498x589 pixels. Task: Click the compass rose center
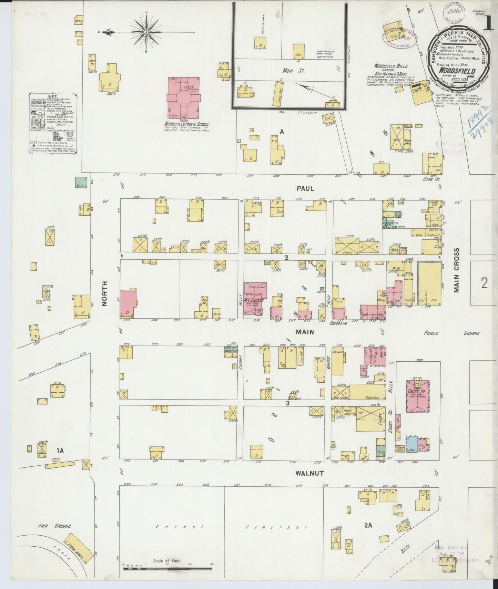pyautogui.click(x=146, y=32)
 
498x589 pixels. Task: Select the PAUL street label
pyautogui.click(x=305, y=188)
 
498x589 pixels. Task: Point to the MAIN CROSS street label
pyautogui.click(x=457, y=271)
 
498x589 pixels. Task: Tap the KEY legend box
pyautogui.click(x=52, y=123)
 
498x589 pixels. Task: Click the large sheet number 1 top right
pyautogui.click(x=487, y=25)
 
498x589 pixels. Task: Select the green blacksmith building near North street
pyautogui.click(x=81, y=182)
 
